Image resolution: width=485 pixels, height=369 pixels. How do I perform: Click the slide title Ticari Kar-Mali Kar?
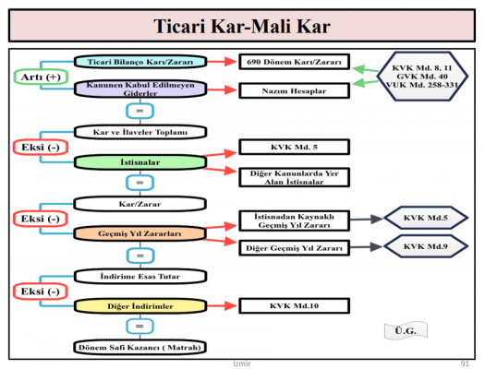click(x=242, y=26)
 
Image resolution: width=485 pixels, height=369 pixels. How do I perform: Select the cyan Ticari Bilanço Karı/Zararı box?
click(x=140, y=62)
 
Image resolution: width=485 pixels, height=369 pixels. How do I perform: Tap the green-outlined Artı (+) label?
click(x=41, y=77)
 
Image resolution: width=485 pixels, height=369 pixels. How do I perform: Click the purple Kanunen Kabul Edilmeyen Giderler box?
click(x=140, y=89)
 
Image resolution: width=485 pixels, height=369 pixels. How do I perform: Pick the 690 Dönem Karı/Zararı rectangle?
click(x=294, y=62)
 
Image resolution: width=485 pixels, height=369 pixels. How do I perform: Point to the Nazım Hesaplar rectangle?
click(x=294, y=90)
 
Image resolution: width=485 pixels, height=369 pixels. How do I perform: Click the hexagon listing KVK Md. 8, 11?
click(x=422, y=77)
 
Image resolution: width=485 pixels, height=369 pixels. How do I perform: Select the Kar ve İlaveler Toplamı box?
click(x=140, y=132)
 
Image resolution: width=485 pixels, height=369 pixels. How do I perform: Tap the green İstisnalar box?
click(x=140, y=162)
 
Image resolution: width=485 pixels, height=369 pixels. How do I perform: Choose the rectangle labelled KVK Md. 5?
click(x=294, y=147)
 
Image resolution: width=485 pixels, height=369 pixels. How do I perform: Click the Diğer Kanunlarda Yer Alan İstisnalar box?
click(x=294, y=177)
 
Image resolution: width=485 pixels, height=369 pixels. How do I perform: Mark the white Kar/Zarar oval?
click(x=140, y=204)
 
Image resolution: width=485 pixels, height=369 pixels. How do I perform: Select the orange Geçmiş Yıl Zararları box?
click(x=140, y=233)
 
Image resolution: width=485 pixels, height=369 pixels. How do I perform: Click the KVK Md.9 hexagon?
click(x=426, y=246)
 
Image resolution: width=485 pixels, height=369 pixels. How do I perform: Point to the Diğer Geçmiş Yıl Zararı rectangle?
click(x=294, y=248)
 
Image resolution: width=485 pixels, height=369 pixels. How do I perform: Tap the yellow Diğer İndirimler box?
click(x=140, y=306)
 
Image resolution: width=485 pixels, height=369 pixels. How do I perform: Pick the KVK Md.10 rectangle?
click(x=294, y=305)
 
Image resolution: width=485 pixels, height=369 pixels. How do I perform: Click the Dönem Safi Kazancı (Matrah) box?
click(x=140, y=348)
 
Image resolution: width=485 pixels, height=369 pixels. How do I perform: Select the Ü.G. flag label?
click(x=406, y=330)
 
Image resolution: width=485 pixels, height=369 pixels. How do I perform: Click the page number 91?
click(x=465, y=363)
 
